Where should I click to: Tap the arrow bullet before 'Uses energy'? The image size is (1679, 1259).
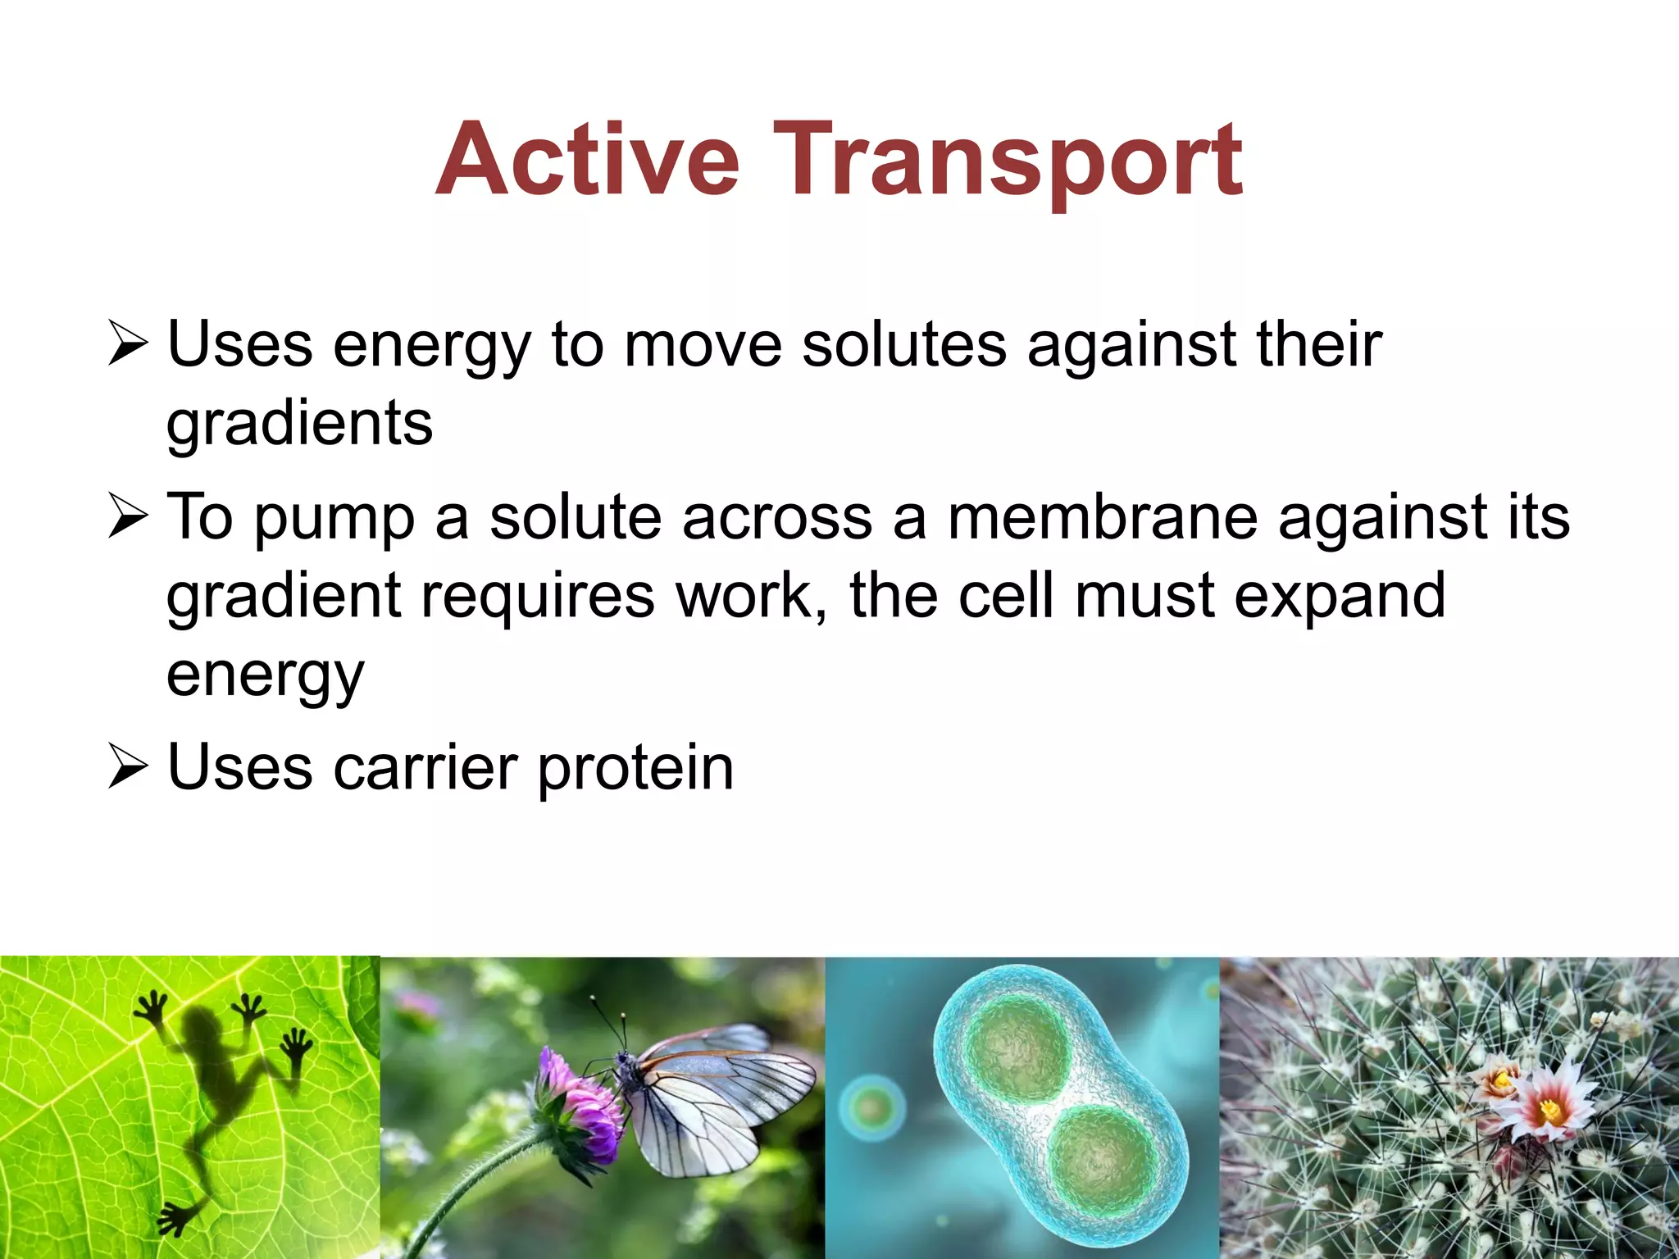(x=128, y=344)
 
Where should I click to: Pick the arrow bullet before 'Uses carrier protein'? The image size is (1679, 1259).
(x=128, y=768)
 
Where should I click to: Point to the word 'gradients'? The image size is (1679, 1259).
(x=299, y=424)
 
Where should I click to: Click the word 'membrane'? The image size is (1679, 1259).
(x=1102, y=518)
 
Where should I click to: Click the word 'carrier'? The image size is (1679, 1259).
(x=425, y=768)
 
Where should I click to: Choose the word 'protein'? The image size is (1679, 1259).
(x=635, y=768)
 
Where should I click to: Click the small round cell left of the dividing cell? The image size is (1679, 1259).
(x=871, y=1109)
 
